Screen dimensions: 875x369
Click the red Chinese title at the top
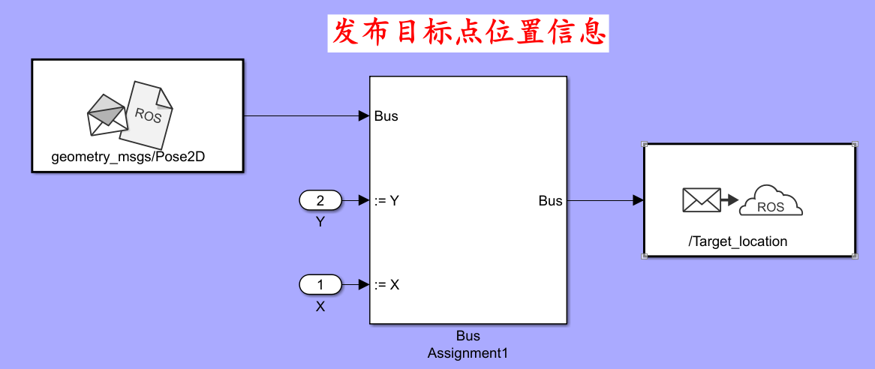coord(468,32)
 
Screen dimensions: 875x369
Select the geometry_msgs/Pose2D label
coord(137,157)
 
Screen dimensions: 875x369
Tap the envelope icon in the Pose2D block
coord(107,115)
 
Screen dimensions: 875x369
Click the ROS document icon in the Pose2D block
coord(150,113)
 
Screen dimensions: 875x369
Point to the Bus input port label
coord(386,116)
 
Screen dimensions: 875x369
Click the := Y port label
coord(386,200)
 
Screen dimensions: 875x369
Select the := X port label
coord(386,285)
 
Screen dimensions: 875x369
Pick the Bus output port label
coord(550,200)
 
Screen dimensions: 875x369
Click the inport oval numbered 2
coord(320,200)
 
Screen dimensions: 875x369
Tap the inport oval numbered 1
coord(320,285)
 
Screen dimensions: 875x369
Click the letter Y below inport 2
coord(320,222)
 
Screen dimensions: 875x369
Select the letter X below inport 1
coord(320,306)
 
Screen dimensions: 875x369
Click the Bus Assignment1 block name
coord(468,343)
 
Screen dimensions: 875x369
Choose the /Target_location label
coord(738,241)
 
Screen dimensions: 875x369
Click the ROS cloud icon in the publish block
coord(771,202)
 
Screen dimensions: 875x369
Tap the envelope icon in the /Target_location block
coord(701,200)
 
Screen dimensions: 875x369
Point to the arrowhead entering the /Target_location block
coord(638,200)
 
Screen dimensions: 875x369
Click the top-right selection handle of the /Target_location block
coord(855,143)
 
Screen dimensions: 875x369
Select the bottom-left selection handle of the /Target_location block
coord(645,256)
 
